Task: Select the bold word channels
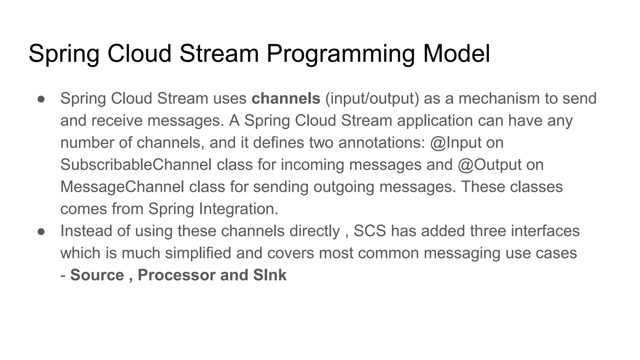pos(286,98)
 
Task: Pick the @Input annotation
pos(456,143)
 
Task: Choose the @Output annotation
pos(490,165)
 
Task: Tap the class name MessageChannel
pos(122,187)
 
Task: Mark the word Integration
pos(238,209)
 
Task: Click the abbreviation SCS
pos(370,231)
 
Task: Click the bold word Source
pos(97,275)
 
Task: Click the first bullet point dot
pos(41,99)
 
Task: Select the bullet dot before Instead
pos(41,232)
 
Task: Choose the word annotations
pos(382,143)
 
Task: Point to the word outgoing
pos(344,187)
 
